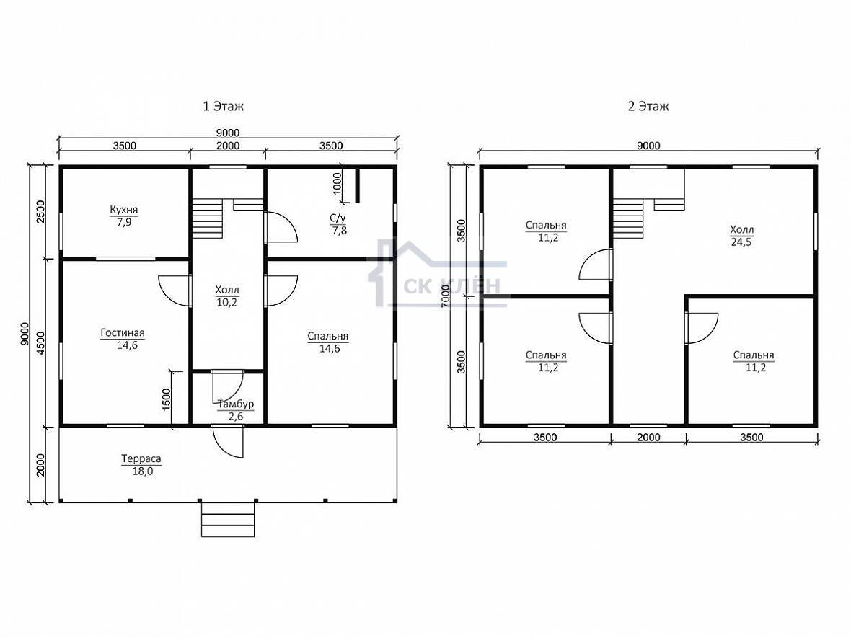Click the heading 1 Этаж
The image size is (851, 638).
[x=223, y=107]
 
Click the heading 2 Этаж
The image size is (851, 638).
[x=648, y=107]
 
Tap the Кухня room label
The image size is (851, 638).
[x=124, y=209]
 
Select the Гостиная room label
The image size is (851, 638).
[x=123, y=332]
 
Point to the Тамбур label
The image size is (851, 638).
[x=236, y=404]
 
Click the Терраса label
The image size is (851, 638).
[x=141, y=459]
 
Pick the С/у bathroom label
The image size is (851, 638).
[x=338, y=218]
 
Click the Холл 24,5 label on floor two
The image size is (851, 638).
[x=741, y=236]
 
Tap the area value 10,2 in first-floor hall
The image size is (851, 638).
[x=226, y=303]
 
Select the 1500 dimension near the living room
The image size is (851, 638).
[x=167, y=399]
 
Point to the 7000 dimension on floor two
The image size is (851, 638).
[x=446, y=296]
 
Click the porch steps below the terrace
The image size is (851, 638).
[x=228, y=518]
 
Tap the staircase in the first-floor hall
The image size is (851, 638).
[x=207, y=218]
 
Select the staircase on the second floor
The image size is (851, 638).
[x=628, y=218]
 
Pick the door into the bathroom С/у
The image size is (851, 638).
[x=281, y=227]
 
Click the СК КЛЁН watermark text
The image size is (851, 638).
[x=451, y=285]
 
